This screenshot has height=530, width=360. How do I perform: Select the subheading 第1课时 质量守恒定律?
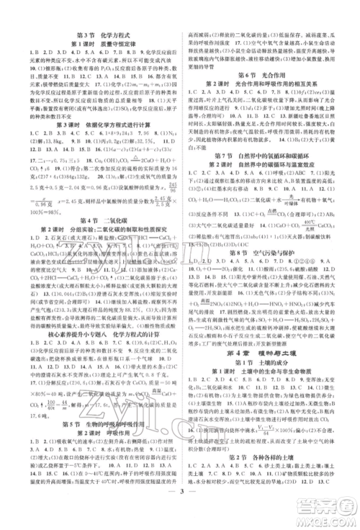98,45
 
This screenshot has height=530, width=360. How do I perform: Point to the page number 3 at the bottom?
180,514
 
